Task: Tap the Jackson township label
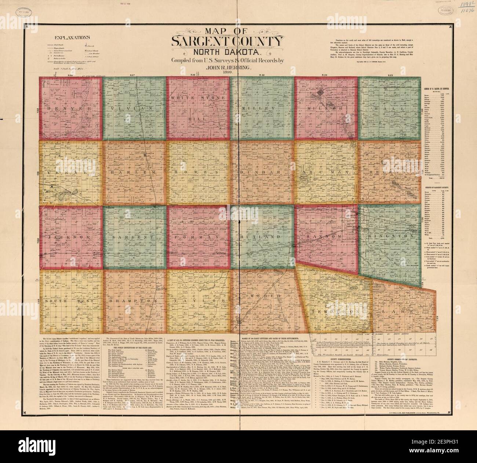coord(69,238)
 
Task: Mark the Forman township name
coord(197,238)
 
